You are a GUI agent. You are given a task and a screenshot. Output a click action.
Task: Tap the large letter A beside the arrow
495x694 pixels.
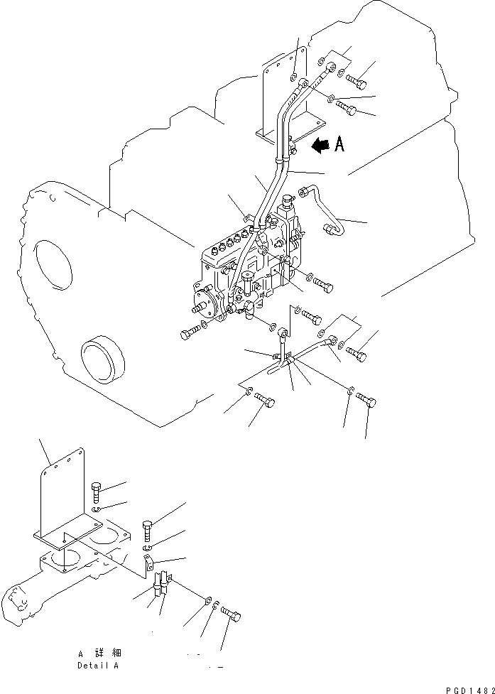(x=339, y=145)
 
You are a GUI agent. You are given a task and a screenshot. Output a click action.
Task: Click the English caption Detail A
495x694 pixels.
(x=98, y=666)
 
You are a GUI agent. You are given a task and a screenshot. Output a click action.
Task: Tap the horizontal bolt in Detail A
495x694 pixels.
(x=232, y=612)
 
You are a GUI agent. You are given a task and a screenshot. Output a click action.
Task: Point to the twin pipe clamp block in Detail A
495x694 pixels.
(x=163, y=587)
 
